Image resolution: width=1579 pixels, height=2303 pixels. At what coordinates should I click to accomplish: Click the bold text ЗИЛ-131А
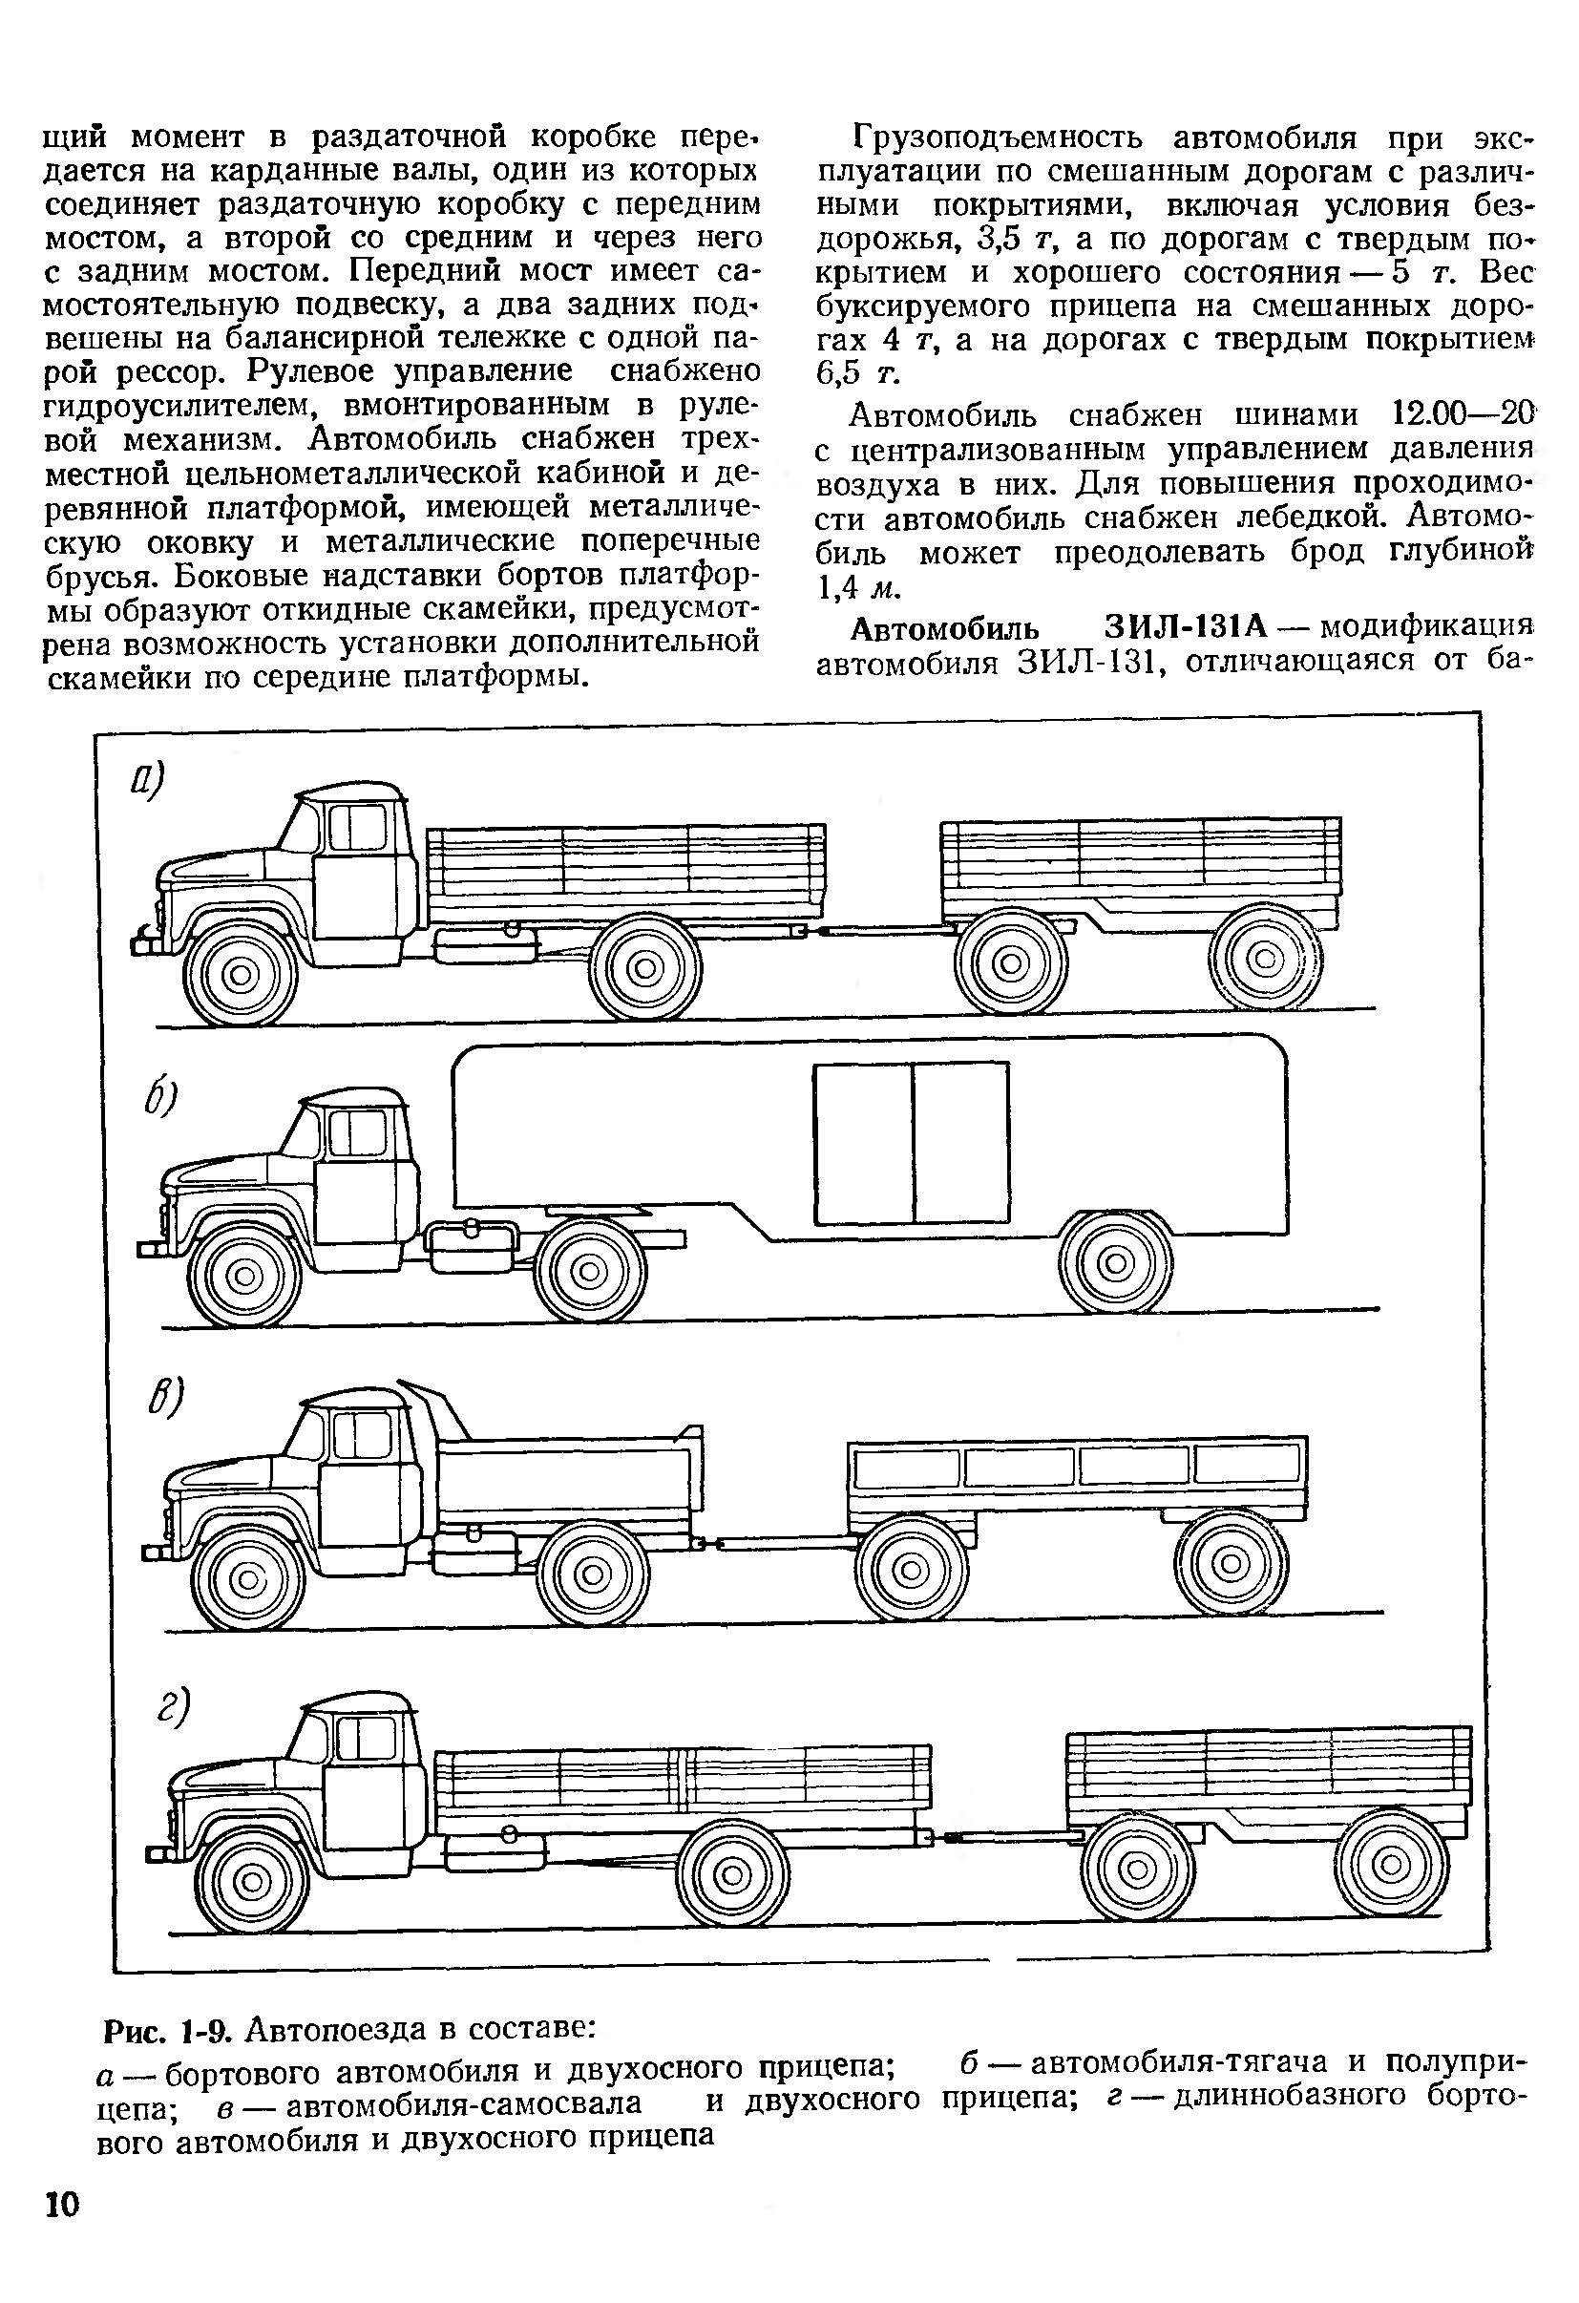coord(1186,628)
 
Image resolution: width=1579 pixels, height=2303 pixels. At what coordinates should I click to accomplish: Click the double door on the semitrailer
coord(912,1143)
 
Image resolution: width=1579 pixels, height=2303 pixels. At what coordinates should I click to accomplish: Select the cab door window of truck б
coord(356,1134)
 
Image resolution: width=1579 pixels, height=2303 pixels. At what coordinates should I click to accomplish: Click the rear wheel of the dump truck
coord(595,1574)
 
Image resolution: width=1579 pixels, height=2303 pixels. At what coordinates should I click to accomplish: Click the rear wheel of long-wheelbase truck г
coord(734,1876)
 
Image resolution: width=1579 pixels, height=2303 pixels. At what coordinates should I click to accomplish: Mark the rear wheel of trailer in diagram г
coord(1391,1866)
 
